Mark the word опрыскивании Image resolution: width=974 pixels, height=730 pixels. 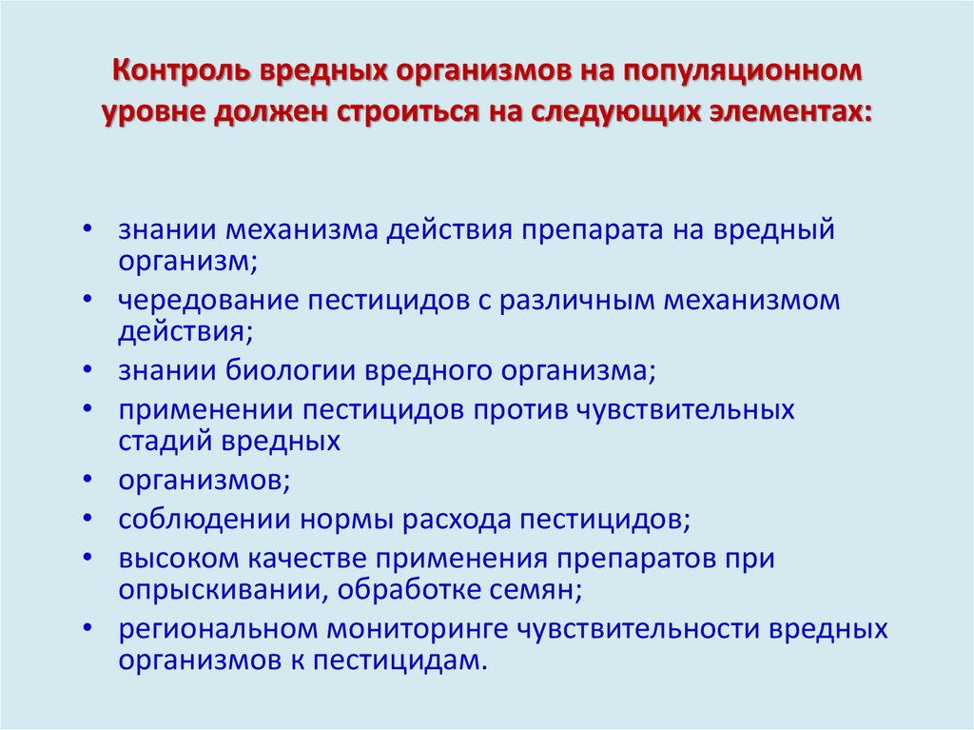pyautogui.click(x=222, y=589)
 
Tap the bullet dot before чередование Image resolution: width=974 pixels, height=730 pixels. pyautogui.click(x=88, y=300)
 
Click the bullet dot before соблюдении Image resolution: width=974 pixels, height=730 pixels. pyautogui.click(x=88, y=520)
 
